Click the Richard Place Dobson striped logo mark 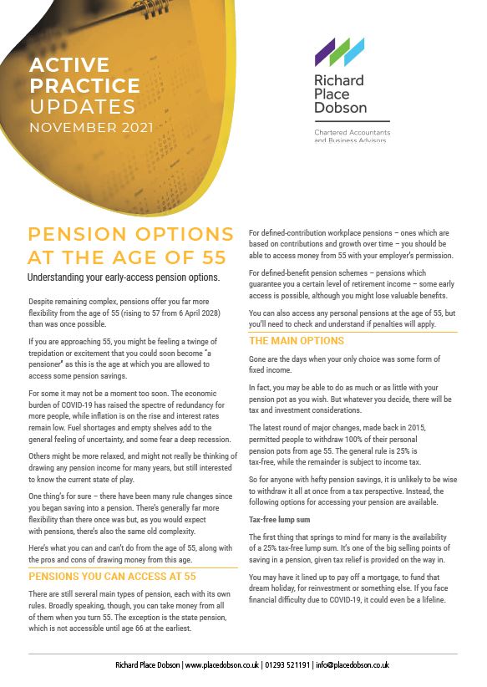tap(339, 52)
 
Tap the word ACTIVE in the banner tap(68, 65)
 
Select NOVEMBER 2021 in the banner tap(91, 128)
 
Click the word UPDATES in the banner tap(82, 107)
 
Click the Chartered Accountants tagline tap(352, 133)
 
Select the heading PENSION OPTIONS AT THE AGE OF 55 tap(125, 245)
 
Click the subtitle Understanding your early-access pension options tap(124, 277)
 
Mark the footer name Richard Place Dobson tap(146, 665)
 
